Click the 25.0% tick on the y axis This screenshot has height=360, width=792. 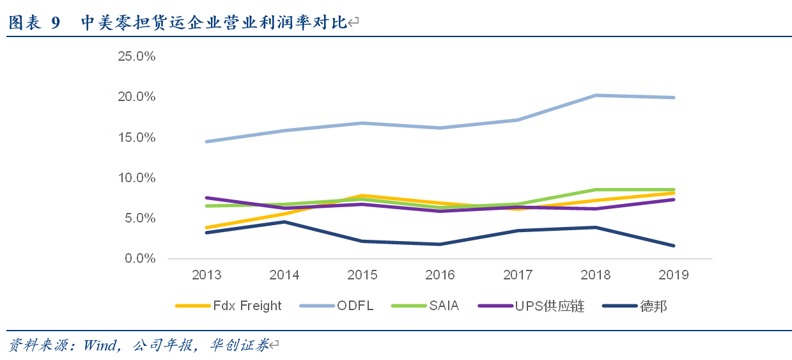point(137,56)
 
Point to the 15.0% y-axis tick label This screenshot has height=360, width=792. point(137,137)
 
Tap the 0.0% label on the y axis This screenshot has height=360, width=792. point(139,258)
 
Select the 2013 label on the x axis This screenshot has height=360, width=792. point(206,275)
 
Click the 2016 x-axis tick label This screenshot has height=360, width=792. point(440,275)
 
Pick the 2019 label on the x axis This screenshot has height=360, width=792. point(674,275)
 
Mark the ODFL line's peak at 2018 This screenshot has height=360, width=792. point(596,95)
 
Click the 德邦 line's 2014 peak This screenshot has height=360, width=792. point(284,221)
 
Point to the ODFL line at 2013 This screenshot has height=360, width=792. point(206,141)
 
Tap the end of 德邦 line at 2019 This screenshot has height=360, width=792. point(674,246)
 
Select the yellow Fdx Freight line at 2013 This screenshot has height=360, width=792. point(206,228)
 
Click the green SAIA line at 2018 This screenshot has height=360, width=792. point(596,190)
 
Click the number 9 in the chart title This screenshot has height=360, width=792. point(55,23)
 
